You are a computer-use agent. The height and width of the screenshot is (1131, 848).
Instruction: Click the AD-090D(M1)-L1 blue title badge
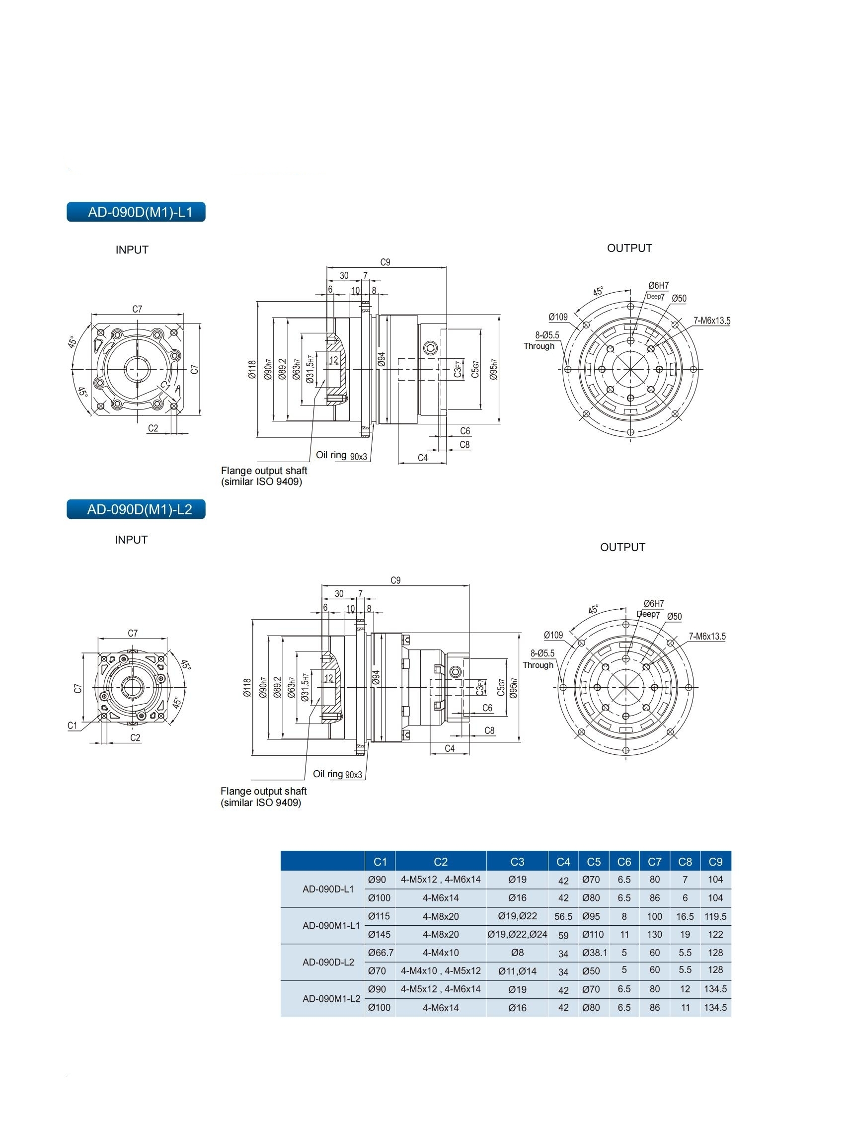point(136,212)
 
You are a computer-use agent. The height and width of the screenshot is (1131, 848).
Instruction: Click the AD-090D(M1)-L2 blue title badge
point(136,509)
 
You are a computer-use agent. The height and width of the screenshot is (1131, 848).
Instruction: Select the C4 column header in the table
point(563,862)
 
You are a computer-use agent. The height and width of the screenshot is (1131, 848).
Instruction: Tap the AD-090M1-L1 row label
point(331,925)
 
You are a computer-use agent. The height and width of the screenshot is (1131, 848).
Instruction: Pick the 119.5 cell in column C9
point(715,917)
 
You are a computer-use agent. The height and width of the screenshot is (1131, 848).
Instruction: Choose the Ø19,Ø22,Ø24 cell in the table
point(517,935)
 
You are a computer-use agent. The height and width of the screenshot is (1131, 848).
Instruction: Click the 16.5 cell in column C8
point(685,917)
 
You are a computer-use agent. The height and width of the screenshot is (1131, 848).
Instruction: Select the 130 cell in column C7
point(654,935)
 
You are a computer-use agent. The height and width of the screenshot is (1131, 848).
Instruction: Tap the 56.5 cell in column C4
point(563,917)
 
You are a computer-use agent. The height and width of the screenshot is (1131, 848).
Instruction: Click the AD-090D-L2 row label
point(328,962)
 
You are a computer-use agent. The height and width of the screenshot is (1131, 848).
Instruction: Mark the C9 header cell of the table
point(715,862)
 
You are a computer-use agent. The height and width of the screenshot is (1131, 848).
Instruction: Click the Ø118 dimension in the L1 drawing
point(252,369)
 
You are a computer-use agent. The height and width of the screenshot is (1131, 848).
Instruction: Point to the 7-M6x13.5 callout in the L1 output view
point(711,321)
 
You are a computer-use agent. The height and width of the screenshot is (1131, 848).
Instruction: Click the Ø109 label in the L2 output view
point(553,635)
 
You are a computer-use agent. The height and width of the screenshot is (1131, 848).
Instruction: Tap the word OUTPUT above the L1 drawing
point(629,248)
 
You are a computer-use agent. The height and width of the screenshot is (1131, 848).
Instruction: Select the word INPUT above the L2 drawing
point(131,540)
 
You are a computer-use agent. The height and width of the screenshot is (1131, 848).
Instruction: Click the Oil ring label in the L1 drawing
point(331,455)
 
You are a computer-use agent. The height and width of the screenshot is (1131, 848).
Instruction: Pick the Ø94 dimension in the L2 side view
point(376,677)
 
